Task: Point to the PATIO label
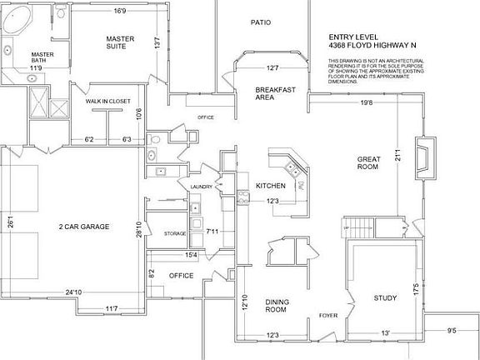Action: click(262, 22)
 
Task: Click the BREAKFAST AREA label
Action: click(271, 93)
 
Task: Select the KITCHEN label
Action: click(271, 185)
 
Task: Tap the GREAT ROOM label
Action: click(368, 162)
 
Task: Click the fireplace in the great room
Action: click(424, 156)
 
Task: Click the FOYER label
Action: click(327, 316)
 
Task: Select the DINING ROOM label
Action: click(276, 306)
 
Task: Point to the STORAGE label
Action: click(175, 233)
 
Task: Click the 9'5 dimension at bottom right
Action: click(452, 330)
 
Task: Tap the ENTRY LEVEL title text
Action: click(355, 37)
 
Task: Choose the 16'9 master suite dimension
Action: click(119, 12)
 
